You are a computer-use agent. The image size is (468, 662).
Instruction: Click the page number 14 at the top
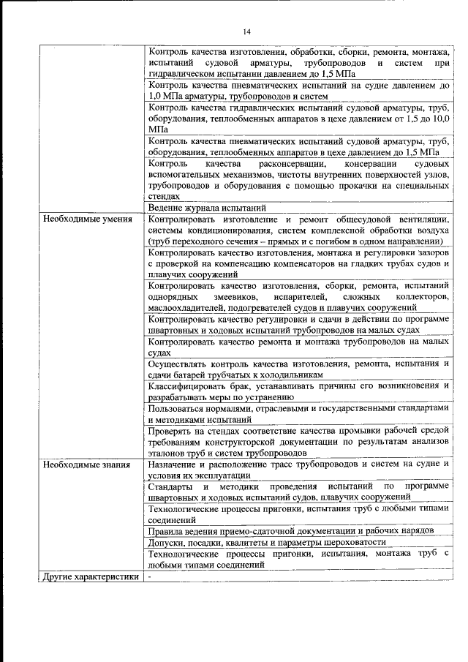click(x=246, y=31)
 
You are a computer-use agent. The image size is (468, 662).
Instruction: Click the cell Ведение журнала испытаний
click(x=195, y=207)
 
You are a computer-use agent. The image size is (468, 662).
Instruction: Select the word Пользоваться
click(x=175, y=408)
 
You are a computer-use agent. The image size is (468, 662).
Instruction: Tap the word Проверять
click(x=170, y=431)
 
